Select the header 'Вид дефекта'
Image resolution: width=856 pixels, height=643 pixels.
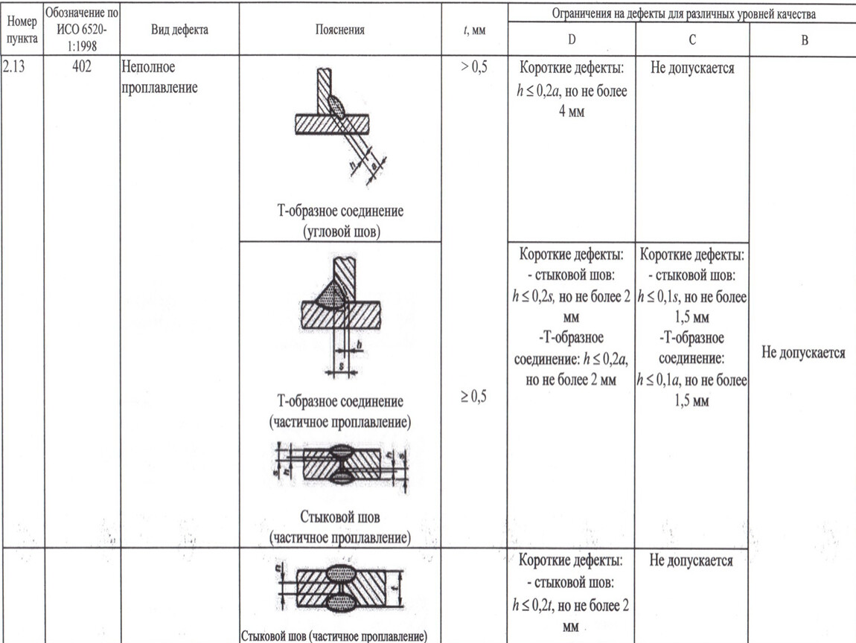coord(179,30)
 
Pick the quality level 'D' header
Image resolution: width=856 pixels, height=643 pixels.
coord(572,39)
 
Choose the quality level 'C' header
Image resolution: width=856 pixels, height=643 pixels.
coord(692,39)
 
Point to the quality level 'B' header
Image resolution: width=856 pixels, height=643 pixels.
coord(804,39)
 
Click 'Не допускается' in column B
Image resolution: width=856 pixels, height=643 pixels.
coord(804,353)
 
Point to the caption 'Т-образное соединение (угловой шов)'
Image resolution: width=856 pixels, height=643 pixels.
coord(340,221)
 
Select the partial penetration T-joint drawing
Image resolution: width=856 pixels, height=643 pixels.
coord(340,313)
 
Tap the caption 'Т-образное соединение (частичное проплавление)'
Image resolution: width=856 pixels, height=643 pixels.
coord(340,412)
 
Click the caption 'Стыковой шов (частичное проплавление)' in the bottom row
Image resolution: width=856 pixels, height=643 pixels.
coord(333,636)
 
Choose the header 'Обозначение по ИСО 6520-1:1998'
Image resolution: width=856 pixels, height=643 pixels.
coord(82,29)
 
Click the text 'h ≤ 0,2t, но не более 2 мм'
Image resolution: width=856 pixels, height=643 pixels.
coord(572,614)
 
